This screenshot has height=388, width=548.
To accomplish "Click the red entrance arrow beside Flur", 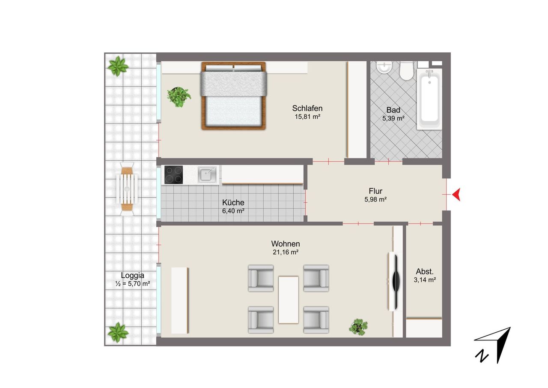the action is pyautogui.click(x=456, y=195).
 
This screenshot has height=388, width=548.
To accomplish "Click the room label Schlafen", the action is pyautogui.click(x=307, y=108).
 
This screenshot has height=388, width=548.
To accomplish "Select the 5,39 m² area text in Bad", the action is pyautogui.click(x=393, y=118).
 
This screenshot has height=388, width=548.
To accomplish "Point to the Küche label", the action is pyautogui.click(x=233, y=202).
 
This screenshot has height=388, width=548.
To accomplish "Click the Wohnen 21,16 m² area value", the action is pyautogui.click(x=286, y=252).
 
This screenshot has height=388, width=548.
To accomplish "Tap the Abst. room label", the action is pyautogui.click(x=425, y=271).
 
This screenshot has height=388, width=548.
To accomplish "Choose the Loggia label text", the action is pyautogui.click(x=132, y=275).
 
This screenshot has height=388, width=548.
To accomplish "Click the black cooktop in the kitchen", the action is pyautogui.click(x=173, y=175).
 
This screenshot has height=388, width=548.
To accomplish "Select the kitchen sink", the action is pyautogui.click(x=207, y=174).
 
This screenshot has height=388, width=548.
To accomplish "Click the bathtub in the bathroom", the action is pyautogui.click(x=429, y=99).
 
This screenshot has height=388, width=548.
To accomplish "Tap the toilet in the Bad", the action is pyautogui.click(x=406, y=71).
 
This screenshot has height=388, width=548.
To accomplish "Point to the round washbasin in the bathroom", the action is pyautogui.click(x=384, y=67).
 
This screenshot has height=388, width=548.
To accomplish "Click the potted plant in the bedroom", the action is pyautogui.click(x=179, y=97).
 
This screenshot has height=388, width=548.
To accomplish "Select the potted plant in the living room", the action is pyautogui.click(x=358, y=327).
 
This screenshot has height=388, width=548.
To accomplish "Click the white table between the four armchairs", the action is pyautogui.click(x=289, y=300).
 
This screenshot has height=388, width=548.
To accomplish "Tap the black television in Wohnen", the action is pyautogui.click(x=396, y=282).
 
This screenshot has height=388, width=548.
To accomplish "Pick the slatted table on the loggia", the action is pyautogui.click(x=127, y=189).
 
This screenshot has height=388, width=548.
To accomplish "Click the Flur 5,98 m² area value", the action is pyautogui.click(x=375, y=199).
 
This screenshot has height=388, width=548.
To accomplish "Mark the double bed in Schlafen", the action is pyautogui.click(x=234, y=96).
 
